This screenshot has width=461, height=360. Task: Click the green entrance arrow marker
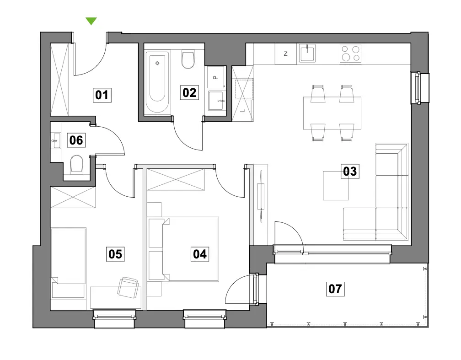click(x=91, y=21)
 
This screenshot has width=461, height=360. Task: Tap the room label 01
click(x=102, y=95)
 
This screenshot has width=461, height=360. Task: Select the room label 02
click(x=189, y=93)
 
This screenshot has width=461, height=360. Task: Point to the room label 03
click(x=350, y=171)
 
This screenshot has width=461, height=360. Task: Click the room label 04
click(x=200, y=254)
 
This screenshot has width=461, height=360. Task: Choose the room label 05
click(x=115, y=254)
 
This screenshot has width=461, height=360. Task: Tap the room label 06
click(x=76, y=140)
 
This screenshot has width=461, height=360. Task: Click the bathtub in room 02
click(x=157, y=82)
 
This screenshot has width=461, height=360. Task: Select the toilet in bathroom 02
click(x=188, y=59)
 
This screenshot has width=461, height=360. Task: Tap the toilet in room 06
click(x=76, y=164)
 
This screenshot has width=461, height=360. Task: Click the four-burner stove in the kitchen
click(x=350, y=54)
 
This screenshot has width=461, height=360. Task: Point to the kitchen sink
click(x=307, y=53)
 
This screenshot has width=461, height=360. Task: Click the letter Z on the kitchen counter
click(x=285, y=54)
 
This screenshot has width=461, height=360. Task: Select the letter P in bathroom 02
click(x=215, y=78)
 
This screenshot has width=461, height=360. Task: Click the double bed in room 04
click(x=191, y=249)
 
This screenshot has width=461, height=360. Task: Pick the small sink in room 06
click(x=56, y=140)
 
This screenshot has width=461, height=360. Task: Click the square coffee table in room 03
click(x=336, y=186)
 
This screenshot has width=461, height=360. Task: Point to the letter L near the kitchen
click(x=242, y=111)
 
